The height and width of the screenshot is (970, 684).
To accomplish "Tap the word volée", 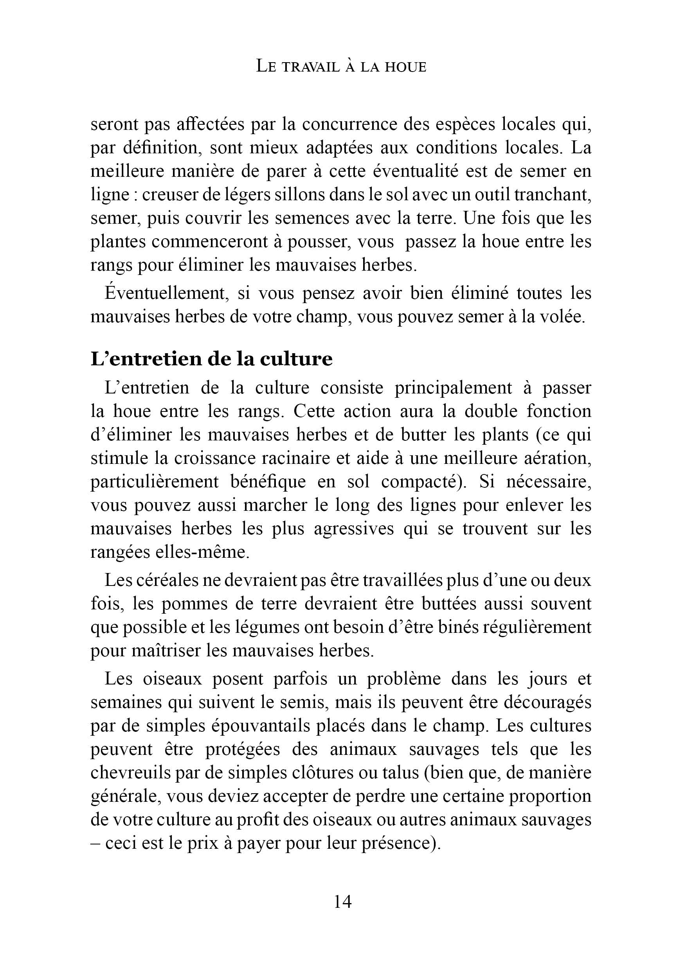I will click(x=564, y=317).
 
